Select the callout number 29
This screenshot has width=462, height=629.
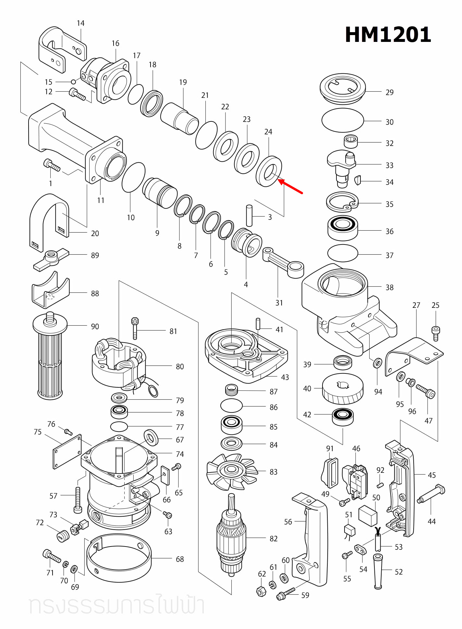389,93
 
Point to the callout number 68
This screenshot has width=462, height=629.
180,559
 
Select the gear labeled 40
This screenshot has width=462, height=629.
343,389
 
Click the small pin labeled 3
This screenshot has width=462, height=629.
249,215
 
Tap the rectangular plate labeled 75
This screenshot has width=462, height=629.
67,452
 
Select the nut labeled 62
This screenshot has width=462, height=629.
261,592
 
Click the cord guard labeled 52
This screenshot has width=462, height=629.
378,572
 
